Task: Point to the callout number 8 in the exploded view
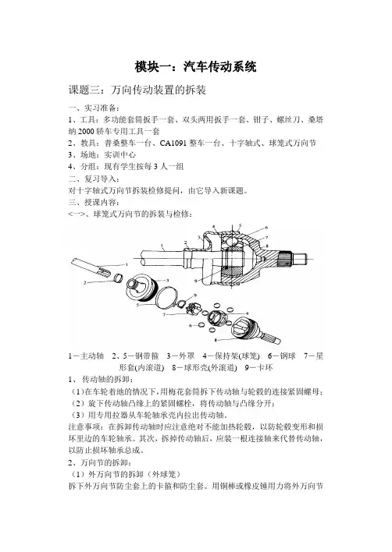coord(216,341)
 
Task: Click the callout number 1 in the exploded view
coord(127,264)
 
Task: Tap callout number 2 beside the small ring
coord(85,283)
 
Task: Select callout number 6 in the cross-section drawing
coord(266,228)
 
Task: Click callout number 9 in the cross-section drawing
coord(194,280)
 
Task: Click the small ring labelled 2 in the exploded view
coord(117,278)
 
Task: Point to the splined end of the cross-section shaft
coord(286,260)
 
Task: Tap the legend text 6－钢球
coord(281,356)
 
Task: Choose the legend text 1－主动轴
coord(86,356)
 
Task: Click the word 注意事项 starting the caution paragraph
coord(84,427)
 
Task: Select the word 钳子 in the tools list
coord(261,120)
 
